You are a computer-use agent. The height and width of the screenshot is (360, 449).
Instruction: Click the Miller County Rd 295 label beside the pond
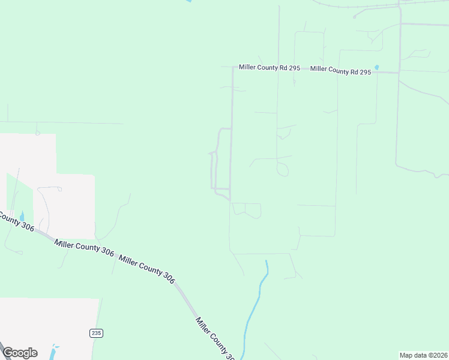(340, 70)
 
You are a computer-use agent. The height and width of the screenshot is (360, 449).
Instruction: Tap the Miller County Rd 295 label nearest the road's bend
(269, 68)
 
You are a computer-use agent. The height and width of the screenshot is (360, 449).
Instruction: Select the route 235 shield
(96, 333)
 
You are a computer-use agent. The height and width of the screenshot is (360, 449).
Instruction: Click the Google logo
(20, 353)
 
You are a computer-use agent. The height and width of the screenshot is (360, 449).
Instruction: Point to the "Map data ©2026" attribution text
(423, 355)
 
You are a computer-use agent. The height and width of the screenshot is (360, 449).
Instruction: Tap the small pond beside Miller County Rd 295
(377, 67)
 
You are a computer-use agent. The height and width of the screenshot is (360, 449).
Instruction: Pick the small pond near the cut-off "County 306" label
(22, 216)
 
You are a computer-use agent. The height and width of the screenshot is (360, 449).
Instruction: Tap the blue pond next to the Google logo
(55, 348)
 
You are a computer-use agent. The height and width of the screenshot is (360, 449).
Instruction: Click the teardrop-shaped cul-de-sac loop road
(282, 170)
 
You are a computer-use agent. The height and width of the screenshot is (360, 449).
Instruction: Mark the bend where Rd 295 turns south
(233, 68)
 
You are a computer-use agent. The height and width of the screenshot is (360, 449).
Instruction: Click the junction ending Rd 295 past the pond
(399, 73)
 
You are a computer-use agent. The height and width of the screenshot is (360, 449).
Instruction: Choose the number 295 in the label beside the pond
(364, 71)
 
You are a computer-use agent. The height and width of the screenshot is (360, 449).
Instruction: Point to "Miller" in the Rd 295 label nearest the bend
(248, 67)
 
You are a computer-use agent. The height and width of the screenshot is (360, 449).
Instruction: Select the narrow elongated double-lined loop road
(214, 171)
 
